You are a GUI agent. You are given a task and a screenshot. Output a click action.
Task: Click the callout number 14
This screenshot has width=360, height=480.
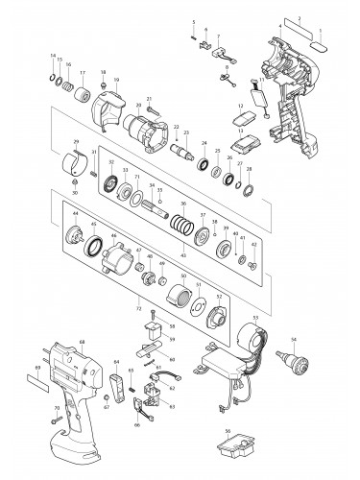[53, 57]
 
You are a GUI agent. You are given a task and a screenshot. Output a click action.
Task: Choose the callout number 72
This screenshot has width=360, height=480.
[138, 311]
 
